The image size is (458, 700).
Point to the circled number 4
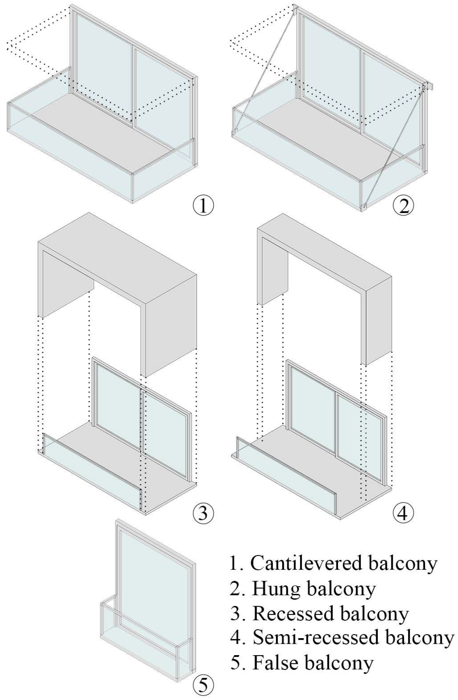[403, 513]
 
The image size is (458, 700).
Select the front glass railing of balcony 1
[69, 154]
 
